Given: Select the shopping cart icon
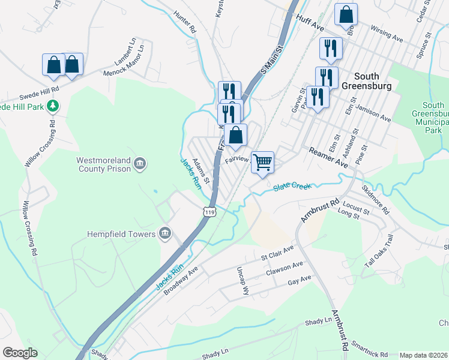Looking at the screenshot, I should point(262,162).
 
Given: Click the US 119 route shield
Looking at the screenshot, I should point(209,212).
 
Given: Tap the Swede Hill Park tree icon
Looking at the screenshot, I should point(53,106).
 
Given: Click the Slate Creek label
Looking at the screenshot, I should point(292,187).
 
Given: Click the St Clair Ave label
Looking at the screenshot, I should point(277,253).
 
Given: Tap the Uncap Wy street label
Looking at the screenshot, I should point(243,280).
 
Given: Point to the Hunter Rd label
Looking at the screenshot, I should point(184,25).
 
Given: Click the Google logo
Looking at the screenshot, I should point(20,353).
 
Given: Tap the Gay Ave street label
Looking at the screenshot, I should point(300,281).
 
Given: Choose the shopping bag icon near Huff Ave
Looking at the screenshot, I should point(346,15).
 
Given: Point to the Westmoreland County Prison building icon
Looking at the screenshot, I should point(140,163).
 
